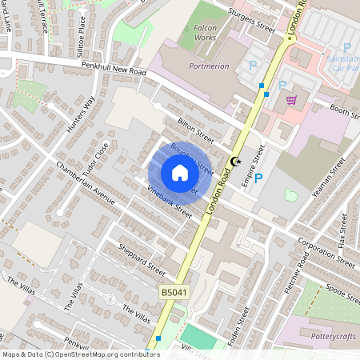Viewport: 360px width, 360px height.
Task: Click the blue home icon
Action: pos(180,173)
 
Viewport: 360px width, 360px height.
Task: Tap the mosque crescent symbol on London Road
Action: pos(235,162)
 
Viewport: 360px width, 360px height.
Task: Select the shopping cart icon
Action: pos(291,100)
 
